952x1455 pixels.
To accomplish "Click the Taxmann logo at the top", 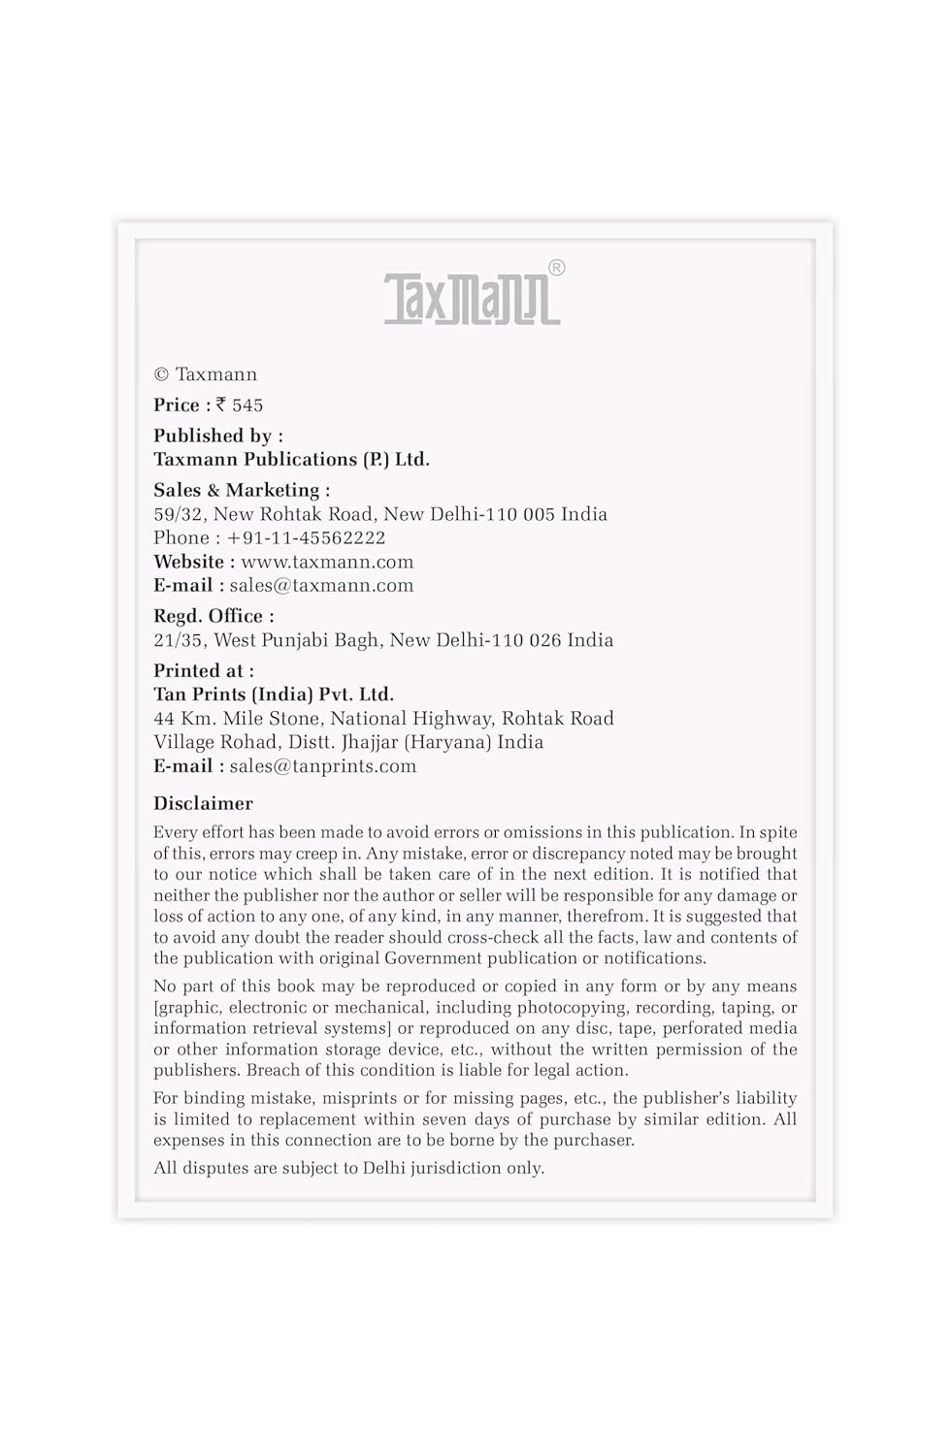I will [x=473, y=298].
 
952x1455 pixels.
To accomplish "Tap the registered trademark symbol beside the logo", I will [x=556, y=268].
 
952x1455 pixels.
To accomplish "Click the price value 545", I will [x=247, y=405].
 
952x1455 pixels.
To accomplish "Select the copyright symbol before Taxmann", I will [x=161, y=374].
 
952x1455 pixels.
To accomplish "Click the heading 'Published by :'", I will [x=218, y=436].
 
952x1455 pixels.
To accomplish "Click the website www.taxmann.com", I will [x=327, y=562].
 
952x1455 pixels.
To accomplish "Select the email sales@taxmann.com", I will [x=321, y=585].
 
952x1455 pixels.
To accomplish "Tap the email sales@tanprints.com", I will [x=323, y=765].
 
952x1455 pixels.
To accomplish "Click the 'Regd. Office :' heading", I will [x=213, y=616].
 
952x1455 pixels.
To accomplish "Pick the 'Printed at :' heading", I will [x=204, y=670].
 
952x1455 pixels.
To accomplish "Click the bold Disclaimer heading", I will [x=203, y=803].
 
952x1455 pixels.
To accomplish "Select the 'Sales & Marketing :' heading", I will [x=242, y=490].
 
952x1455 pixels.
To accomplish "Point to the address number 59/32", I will [x=179, y=514].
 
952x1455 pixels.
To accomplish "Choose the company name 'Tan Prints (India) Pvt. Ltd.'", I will [x=274, y=695].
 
